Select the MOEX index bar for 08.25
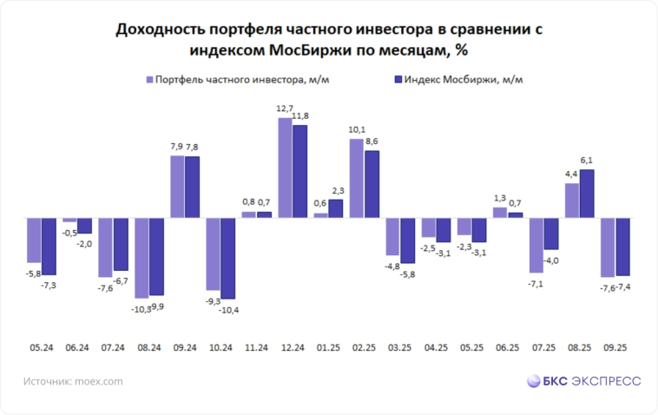[x=586, y=193]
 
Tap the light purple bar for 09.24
[x=177, y=186]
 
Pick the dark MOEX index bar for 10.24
[x=227, y=258]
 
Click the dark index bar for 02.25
[x=371, y=183]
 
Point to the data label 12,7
[x=285, y=109]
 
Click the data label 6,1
[x=586, y=161]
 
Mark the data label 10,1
[x=356, y=130]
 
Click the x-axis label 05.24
[x=42, y=347]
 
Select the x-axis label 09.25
[x=615, y=347]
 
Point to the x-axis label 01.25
[x=328, y=347]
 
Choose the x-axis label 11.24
[x=257, y=347]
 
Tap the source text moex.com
[x=96, y=380]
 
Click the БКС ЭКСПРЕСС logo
[x=583, y=380]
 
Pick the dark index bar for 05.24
[x=49, y=246]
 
